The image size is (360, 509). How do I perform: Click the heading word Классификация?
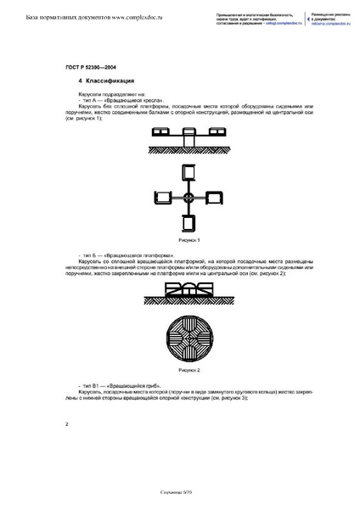(105, 81)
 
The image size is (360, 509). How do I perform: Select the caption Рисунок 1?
(188, 240)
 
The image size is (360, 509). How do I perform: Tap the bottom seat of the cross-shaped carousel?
(188, 223)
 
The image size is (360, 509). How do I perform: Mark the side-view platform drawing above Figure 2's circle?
(188, 289)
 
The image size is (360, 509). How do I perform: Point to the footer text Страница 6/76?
(179, 492)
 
